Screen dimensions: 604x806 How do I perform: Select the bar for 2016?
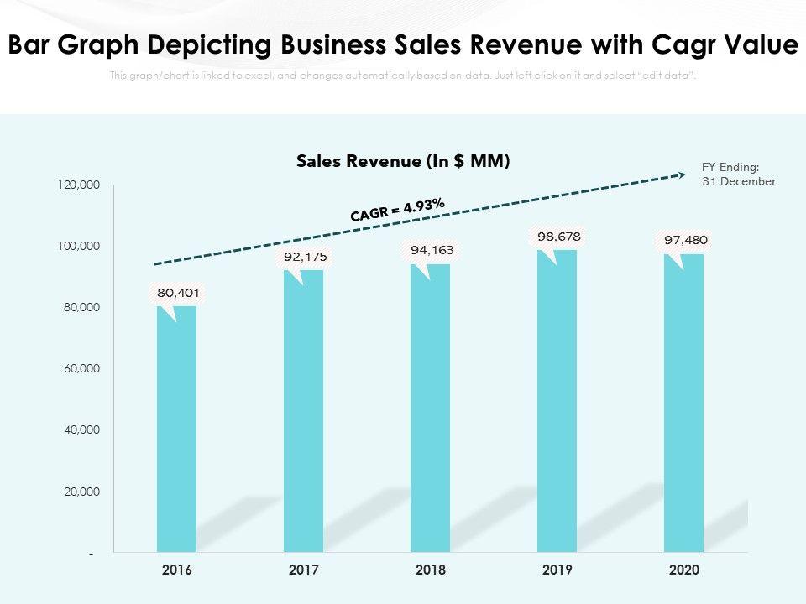(176, 428)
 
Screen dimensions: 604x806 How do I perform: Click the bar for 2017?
(303, 411)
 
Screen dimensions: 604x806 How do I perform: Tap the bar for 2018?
(430, 408)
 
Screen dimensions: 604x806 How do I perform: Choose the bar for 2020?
(683, 403)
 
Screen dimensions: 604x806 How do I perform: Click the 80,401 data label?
(177, 294)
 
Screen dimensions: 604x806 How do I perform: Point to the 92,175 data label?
(306, 257)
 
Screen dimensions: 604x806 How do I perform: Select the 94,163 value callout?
(432, 250)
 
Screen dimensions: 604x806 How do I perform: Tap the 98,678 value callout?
(559, 237)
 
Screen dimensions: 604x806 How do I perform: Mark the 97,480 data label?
(686, 240)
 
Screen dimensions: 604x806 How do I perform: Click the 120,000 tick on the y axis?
(79, 185)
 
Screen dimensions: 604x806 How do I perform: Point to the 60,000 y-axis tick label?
(81, 369)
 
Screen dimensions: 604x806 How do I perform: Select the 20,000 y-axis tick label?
(81, 492)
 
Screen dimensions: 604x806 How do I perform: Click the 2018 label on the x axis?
(430, 570)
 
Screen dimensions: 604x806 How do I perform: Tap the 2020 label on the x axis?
(683, 570)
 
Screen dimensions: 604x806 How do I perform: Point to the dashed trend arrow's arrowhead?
(681, 175)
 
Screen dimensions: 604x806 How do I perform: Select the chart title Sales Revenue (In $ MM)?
(403, 161)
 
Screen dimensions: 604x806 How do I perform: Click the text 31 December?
(739, 181)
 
